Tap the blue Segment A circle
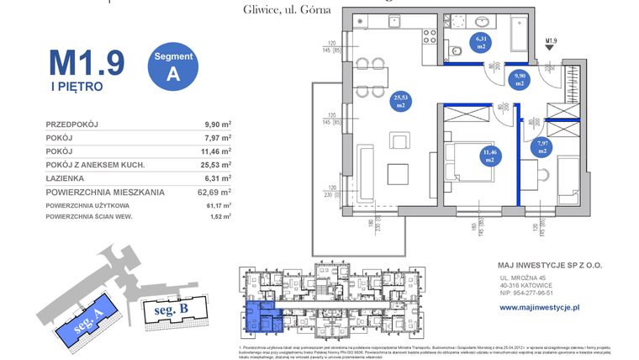[174, 65]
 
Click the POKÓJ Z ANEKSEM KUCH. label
[96, 165]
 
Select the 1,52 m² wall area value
[218, 218]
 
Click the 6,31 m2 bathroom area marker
[483, 41]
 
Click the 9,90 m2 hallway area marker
[520, 80]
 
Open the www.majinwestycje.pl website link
[540, 309]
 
